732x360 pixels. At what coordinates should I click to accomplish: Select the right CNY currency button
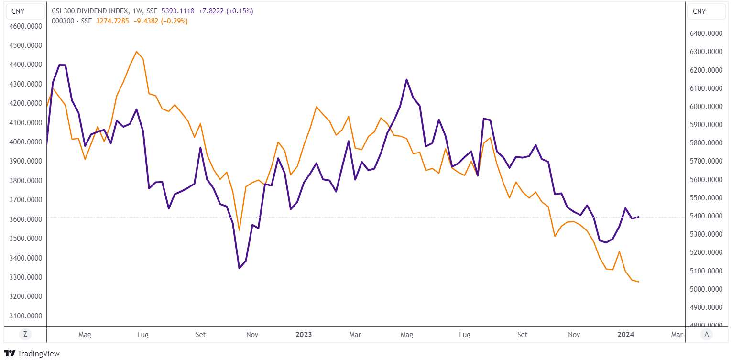point(699,11)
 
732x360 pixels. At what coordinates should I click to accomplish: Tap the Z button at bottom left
point(25,335)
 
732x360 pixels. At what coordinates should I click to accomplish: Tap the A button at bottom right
point(706,335)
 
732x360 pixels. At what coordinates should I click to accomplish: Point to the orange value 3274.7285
point(112,21)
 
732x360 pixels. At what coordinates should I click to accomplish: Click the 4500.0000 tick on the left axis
point(26,45)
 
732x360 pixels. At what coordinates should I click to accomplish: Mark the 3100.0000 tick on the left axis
point(26,316)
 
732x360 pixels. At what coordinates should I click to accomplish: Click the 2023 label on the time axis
point(304,335)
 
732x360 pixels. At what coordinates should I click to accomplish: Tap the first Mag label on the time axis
point(85,335)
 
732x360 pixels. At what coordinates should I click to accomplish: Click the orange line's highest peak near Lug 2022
point(137,52)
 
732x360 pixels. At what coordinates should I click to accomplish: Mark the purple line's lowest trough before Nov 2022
point(240,268)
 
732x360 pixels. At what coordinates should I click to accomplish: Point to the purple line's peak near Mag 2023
point(406,80)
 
